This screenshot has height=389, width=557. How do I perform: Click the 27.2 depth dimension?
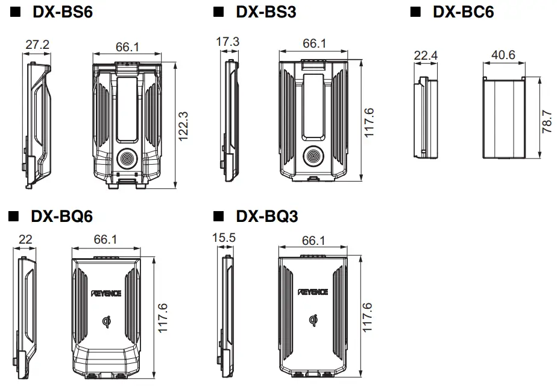click(37, 44)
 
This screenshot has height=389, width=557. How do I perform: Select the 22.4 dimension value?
click(426, 55)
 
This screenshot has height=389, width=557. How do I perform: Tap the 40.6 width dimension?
click(503, 55)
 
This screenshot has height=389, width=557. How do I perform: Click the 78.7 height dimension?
click(546, 121)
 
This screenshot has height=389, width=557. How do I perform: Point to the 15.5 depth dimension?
click(225, 238)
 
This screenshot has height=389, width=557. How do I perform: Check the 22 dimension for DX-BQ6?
click(25, 239)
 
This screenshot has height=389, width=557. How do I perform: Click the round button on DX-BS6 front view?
click(127, 159)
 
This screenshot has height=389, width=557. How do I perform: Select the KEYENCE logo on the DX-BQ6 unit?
click(106, 293)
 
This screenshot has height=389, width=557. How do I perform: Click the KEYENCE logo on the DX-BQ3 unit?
click(313, 292)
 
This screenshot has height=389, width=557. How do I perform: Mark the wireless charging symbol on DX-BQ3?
click(313, 321)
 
